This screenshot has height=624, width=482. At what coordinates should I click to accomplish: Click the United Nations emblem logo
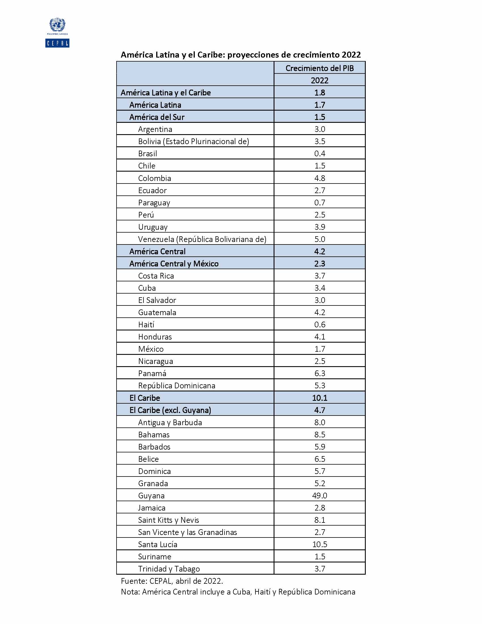57,25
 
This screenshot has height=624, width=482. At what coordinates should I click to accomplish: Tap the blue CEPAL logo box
57,43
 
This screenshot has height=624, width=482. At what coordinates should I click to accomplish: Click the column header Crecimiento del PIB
320,68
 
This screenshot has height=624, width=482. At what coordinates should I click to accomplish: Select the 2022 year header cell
320,80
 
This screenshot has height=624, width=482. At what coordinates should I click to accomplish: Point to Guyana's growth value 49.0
320,496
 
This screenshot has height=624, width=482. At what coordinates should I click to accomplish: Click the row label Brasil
147,154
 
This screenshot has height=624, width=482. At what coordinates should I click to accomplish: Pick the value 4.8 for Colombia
320,178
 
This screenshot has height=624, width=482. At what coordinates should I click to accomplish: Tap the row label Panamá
152,374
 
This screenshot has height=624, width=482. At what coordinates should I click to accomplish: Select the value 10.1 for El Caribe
320,398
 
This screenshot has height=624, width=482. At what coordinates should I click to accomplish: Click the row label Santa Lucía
158,544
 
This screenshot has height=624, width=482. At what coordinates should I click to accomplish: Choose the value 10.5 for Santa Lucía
320,544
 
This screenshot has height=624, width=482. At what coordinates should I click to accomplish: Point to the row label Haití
146,324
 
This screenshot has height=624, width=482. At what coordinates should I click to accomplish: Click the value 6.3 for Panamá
320,374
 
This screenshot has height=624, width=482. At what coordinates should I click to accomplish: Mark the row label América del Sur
157,117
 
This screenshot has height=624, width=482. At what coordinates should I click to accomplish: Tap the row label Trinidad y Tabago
169,569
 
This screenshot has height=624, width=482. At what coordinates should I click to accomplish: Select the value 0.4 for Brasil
320,154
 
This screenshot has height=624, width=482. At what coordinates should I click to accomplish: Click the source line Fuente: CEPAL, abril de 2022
172,581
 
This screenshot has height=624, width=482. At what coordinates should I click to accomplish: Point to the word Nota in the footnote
130,592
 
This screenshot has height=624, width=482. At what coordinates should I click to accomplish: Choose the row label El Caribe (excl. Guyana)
170,410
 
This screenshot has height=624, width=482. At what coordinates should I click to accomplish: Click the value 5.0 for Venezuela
320,239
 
